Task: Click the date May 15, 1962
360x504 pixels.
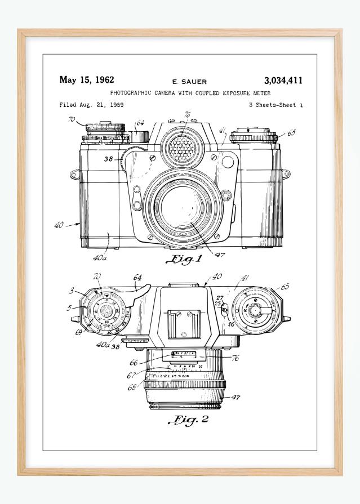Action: point(87,80)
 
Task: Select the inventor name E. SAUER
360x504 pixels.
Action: point(189,82)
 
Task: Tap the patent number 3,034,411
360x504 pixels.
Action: point(283,81)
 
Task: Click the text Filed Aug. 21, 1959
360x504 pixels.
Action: point(91,105)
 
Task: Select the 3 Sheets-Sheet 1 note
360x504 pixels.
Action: point(275,105)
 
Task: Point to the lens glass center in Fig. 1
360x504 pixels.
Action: point(184,209)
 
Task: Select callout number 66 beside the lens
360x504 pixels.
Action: point(134,363)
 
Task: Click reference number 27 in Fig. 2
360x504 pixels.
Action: point(221,298)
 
